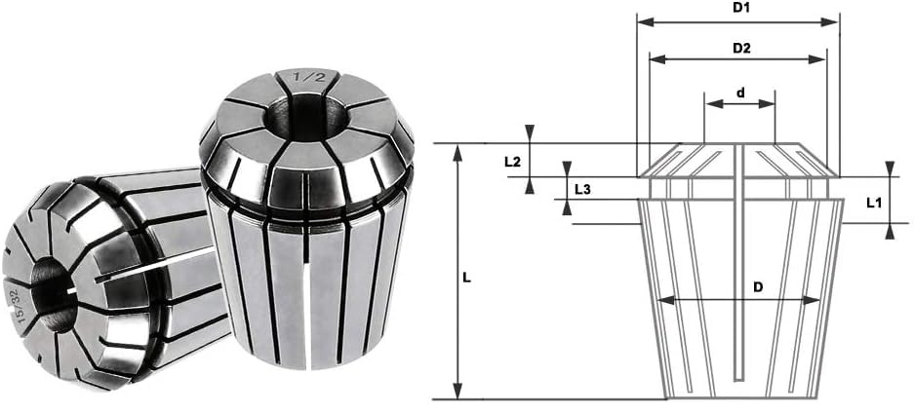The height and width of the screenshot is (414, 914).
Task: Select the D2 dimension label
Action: (x=741, y=49)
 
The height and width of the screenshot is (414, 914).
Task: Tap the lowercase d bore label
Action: (x=741, y=93)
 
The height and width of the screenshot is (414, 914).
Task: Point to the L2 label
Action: (x=512, y=162)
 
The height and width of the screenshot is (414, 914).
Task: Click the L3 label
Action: (x=583, y=189)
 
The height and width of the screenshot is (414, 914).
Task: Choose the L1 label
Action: (x=873, y=203)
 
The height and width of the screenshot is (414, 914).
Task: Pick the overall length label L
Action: (x=467, y=278)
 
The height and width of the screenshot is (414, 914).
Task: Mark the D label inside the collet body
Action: (x=758, y=287)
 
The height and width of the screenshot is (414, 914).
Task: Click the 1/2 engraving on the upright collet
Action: (x=307, y=76)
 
